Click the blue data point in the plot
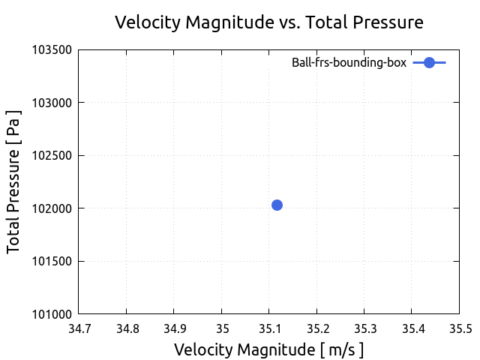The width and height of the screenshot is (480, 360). (x=277, y=205)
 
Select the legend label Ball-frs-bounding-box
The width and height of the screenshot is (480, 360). (x=349, y=63)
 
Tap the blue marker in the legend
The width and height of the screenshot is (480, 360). (x=429, y=63)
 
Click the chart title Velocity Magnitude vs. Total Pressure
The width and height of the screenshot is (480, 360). (x=268, y=22)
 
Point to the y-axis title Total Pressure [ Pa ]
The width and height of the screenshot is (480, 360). (x=14, y=182)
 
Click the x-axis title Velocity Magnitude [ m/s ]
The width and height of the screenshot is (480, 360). (x=268, y=349)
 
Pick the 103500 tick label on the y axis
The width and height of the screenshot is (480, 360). (x=52, y=50)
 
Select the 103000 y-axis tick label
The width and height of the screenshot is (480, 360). (x=52, y=103)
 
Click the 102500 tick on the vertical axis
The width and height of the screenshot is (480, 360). (x=52, y=156)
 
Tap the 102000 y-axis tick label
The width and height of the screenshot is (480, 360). (x=52, y=208)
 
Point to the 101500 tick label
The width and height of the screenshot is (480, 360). (x=52, y=262)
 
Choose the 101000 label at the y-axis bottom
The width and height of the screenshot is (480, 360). (x=52, y=314)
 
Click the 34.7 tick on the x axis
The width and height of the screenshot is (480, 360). (x=79, y=328)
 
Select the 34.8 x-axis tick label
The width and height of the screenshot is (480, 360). (x=126, y=328)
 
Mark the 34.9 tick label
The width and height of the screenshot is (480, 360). (x=174, y=328)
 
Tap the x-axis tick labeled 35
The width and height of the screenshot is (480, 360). (x=221, y=328)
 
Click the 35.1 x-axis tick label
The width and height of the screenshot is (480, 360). (x=269, y=328)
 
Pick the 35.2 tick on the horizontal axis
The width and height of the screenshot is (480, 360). (x=316, y=328)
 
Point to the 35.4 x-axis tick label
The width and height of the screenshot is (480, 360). (x=412, y=328)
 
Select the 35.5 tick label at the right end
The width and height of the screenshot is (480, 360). (x=459, y=328)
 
